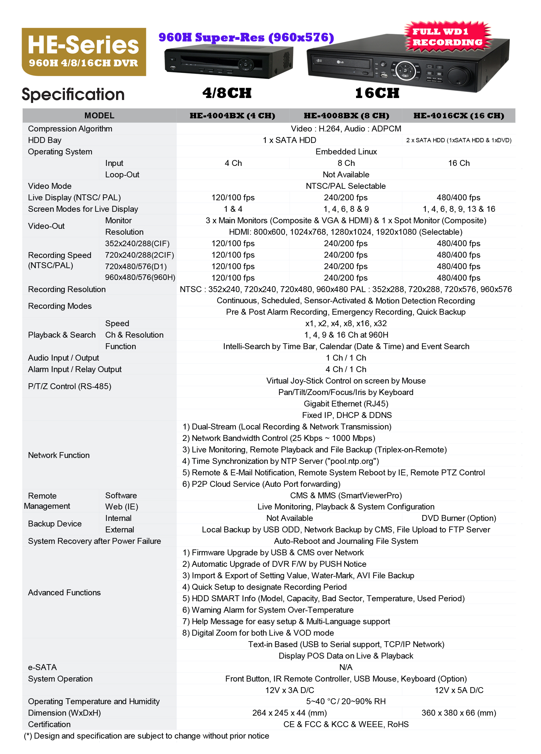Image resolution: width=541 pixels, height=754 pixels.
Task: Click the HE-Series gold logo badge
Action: [84, 51]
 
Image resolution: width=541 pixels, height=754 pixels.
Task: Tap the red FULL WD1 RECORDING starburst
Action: [447, 37]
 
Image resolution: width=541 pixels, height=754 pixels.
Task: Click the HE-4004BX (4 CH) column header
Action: [232, 116]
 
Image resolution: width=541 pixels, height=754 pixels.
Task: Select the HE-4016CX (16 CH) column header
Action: [458, 116]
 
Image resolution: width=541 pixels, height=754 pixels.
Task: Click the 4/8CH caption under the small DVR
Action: [227, 93]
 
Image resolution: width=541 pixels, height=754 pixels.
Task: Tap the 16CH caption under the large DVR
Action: [377, 93]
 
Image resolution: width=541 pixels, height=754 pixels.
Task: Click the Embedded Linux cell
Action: [346, 151]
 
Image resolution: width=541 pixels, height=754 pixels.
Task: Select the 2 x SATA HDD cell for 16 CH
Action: [458, 140]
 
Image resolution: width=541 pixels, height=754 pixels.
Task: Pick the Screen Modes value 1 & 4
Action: [233, 209]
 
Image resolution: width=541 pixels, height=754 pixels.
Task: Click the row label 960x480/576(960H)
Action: [140, 277]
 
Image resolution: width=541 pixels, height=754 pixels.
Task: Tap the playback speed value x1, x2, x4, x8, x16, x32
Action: [346, 324]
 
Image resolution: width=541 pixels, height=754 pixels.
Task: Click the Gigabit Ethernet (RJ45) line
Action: [346, 404]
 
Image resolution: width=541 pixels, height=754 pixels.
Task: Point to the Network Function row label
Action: [59, 455]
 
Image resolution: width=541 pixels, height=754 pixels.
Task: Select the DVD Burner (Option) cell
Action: [458, 518]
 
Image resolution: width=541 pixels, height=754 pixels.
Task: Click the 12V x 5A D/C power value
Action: [458, 690]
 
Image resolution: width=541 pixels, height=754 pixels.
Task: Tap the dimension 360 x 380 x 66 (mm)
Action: [458, 713]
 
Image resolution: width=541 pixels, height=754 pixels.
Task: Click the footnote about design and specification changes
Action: [146, 736]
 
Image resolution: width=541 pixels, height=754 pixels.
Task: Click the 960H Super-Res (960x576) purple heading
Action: [246, 37]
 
